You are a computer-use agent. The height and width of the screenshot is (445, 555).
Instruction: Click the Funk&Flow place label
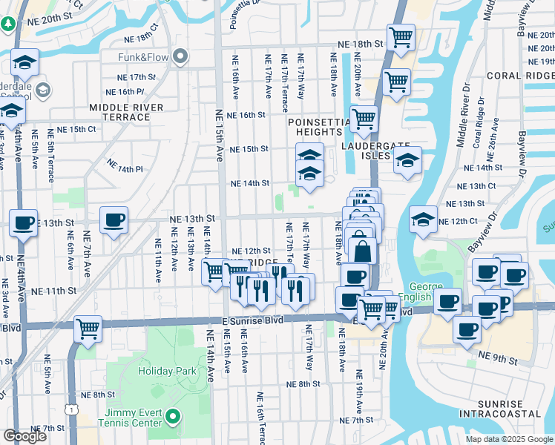(142, 57)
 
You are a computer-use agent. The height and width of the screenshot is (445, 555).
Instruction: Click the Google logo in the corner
(24, 436)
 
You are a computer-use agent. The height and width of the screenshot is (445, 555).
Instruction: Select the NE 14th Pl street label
(124, 165)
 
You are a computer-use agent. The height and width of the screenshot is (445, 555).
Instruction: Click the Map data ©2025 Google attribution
(508, 439)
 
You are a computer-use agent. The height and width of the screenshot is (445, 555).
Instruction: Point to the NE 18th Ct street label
(142, 37)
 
